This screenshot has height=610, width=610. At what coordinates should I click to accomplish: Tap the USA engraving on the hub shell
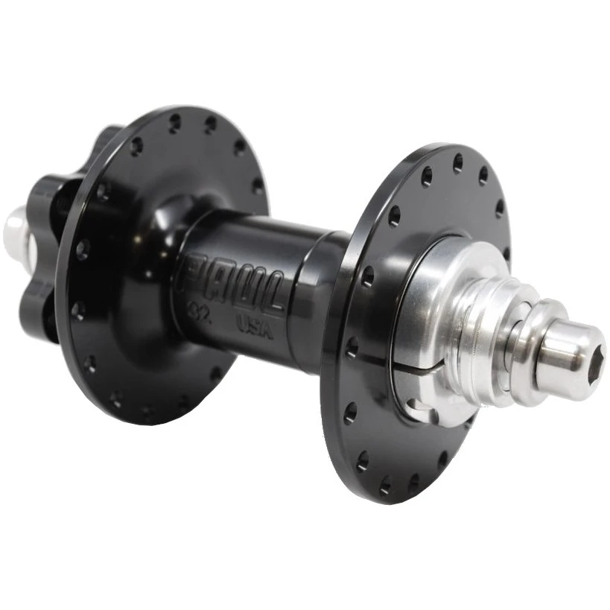[254, 325]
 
